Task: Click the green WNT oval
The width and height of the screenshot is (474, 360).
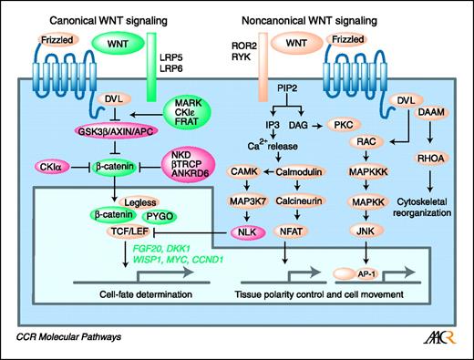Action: tap(118, 44)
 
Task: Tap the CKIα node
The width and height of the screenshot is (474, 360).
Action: tap(52, 167)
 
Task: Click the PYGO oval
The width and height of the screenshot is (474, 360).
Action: tap(160, 217)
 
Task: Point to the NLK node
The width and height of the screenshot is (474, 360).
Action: tap(247, 232)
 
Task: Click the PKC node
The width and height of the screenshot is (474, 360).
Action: tap(344, 125)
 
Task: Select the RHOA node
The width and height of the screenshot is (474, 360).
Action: tap(430, 159)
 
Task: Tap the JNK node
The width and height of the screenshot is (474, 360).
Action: tap(366, 231)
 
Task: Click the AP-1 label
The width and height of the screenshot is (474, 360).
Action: tap(366, 274)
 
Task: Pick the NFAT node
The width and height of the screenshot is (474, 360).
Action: tap(291, 231)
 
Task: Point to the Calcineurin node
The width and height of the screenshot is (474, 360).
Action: tap(299, 201)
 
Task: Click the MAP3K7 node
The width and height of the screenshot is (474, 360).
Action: tap(248, 201)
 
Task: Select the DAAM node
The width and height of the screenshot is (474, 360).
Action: tap(431, 112)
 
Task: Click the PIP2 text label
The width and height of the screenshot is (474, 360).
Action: tap(287, 88)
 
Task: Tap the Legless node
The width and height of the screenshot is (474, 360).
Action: tap(140, 202)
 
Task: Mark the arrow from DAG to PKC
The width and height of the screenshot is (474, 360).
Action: tap(317, 126)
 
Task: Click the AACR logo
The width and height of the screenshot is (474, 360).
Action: tap(440, 336)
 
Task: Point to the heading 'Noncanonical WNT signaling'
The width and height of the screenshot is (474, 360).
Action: tap(309, 21)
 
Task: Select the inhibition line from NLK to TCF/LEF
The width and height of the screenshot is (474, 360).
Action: tap(191, 232)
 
